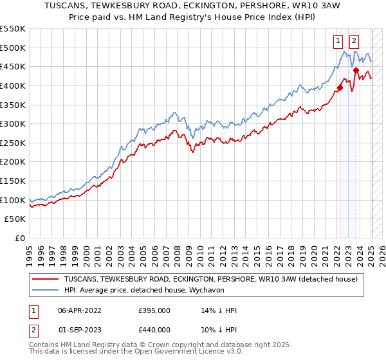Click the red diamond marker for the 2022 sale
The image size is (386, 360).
[340, 88]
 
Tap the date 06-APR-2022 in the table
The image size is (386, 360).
[80, 310]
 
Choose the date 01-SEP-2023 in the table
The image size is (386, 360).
[80, 330]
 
